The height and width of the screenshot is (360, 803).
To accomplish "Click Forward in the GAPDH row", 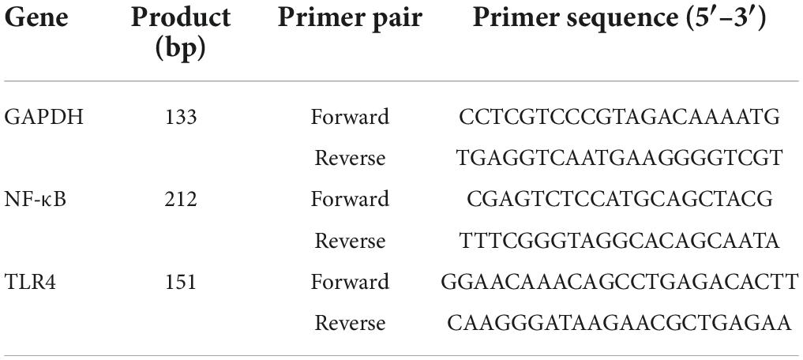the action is point(350,118).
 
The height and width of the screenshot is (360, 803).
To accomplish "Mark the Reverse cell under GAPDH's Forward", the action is point(350,159).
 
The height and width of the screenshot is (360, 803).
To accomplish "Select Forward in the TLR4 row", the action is point(350,282).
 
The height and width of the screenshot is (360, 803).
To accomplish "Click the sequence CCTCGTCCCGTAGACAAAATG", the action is point(619,118).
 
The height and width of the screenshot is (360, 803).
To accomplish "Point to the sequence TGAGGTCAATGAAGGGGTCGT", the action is point(619,159).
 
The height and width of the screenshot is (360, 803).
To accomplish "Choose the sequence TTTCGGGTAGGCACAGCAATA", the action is point(619,241).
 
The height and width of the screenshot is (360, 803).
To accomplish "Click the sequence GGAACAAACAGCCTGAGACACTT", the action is point(619,282).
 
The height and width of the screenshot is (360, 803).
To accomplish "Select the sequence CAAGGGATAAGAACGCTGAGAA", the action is point(619,323).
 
